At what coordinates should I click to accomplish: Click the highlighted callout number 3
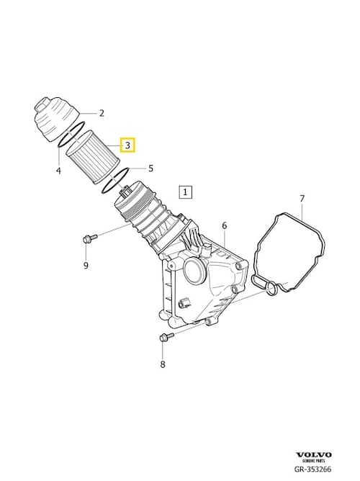click(x=127, y=145)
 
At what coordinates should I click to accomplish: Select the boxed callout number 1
click(x=185, y=192)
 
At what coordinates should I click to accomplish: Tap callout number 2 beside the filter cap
click(x=102, y=113)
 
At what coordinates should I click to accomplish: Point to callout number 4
click(x=59, y=171)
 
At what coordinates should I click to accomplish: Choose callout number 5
click(x=150, y=168)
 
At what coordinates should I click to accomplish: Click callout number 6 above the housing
click(x=225, y=226)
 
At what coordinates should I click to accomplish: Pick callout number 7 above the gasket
click(x=302, y=199)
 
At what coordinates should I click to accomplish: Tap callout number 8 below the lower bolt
click(x=163, y=364)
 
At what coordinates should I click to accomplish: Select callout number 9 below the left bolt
click(x=86, y=265)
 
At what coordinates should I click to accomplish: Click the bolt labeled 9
click(x=89, y=238)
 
